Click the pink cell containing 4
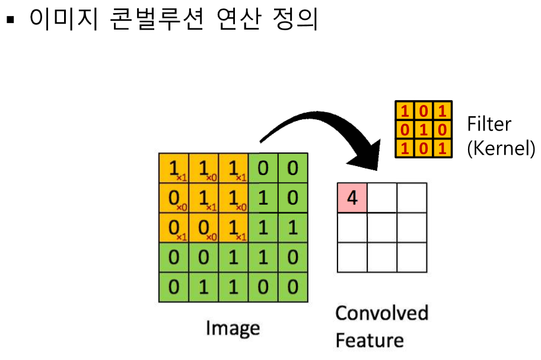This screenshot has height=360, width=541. pyautogui.click(x=352, y=198)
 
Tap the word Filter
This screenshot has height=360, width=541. pyautogui.click(x=489, y=124)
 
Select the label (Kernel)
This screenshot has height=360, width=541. pyautogui.click(x=501, y=148)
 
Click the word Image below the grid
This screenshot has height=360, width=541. pyautogui.click(x=233, y=328)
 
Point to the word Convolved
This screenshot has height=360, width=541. pyautogui.click(x=381, y=313)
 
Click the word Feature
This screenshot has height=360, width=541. pyautogui.click(x=369, y=340)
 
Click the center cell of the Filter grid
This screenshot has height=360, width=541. pyautogui.click(x=424, y=129)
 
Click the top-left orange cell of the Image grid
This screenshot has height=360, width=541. pyautogui.click(x=174, y=168)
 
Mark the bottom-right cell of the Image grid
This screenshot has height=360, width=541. pyautogui.click(x=292, y=286)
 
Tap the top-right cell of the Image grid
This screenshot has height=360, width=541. pyautogui.click(x=292, y=168)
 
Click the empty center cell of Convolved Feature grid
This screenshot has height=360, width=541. pyautogui.click(x=382, y=228)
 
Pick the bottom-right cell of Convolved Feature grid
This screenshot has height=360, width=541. pyautogui.click(x=412, y=257)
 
